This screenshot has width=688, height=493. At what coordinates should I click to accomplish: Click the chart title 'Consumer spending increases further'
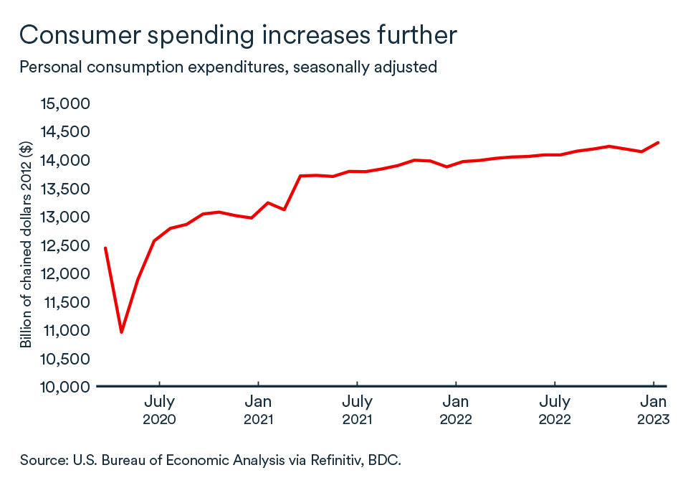tap(238, 34)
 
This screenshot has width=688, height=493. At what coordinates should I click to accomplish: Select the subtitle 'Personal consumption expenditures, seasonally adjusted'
tap(228, 67)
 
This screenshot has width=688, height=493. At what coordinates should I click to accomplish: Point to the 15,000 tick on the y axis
tap(65, 104)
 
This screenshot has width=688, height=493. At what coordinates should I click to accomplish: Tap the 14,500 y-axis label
tap(65, 132)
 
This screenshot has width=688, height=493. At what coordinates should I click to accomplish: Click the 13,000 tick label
tap(65, 217)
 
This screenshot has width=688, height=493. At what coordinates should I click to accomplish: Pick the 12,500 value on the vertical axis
tap(65, 245)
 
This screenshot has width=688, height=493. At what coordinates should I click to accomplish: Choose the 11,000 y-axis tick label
tap(65, 331)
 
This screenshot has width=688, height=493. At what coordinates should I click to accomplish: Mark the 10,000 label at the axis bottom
tap(65, 388)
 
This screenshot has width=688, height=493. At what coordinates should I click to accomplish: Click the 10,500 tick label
tap(65, 359)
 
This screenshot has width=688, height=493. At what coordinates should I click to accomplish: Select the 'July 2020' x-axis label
tap(159, 410)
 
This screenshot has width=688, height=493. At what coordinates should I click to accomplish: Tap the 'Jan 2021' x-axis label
tap(257, 410)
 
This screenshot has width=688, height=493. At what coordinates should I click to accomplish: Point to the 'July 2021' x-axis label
tap(356, 410)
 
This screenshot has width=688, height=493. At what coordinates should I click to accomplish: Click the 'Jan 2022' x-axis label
tap(455, 410)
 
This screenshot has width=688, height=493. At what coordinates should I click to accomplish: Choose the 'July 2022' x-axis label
tap(554, 410)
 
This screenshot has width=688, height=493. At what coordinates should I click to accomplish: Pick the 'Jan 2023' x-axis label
tap(653, 410)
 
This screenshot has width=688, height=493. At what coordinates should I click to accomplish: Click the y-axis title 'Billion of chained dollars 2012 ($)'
tap(27, 245)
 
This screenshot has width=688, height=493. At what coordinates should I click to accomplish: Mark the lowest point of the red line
tap(121, 332)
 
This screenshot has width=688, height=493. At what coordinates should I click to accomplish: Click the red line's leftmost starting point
tap(105, 248)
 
